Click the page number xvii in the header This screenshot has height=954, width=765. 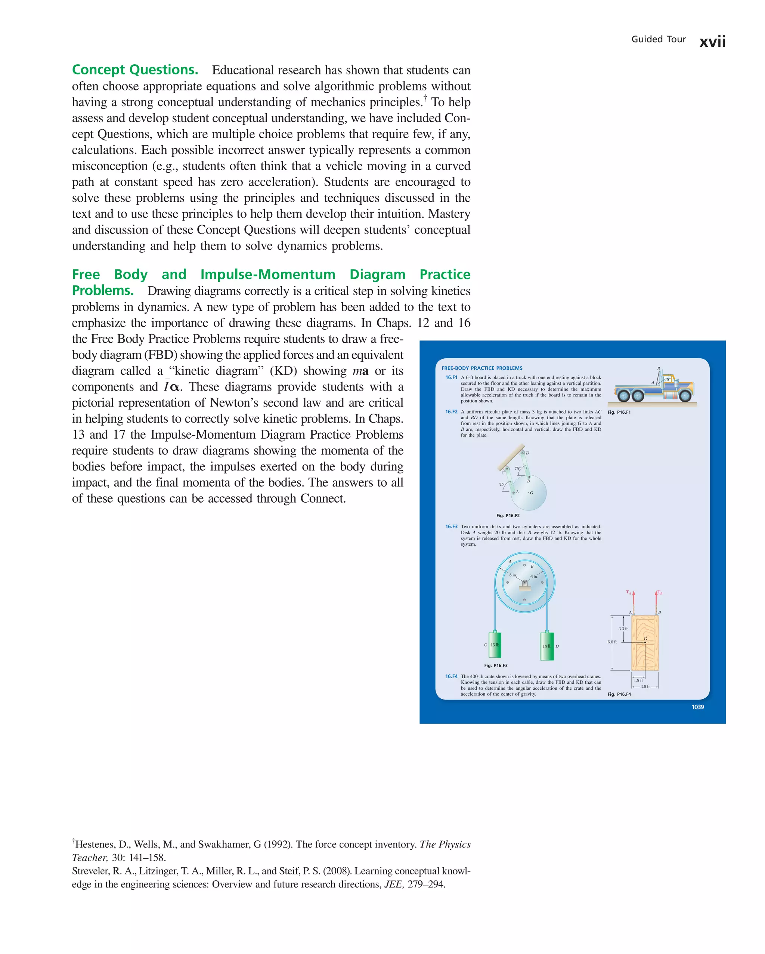click(x=712, y=41)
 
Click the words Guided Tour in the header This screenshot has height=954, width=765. click(x=658, y=39)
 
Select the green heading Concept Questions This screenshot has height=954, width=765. click(x=135, y=70)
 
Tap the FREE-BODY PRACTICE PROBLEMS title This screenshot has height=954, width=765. click(x=481, y=368)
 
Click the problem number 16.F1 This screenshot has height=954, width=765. click(x=451, y=377)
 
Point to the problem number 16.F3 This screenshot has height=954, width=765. click(x=451, y=527)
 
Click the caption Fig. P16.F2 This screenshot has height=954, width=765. click(x=508, y=516)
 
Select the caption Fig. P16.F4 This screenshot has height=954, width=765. click(x=619, y=694)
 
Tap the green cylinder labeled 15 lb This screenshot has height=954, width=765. click(x=495, y=645)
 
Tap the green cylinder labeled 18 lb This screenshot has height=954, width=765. click(x=547, y=646)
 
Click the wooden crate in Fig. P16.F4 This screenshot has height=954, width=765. click(x=645, y=642)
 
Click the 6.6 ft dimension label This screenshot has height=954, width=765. click(x=611, y=642)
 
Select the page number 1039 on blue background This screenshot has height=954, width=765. click(x=697, y=707)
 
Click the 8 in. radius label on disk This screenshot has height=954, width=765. click(x=512, y=575)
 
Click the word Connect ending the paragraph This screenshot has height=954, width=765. click(x=322, y=499)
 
